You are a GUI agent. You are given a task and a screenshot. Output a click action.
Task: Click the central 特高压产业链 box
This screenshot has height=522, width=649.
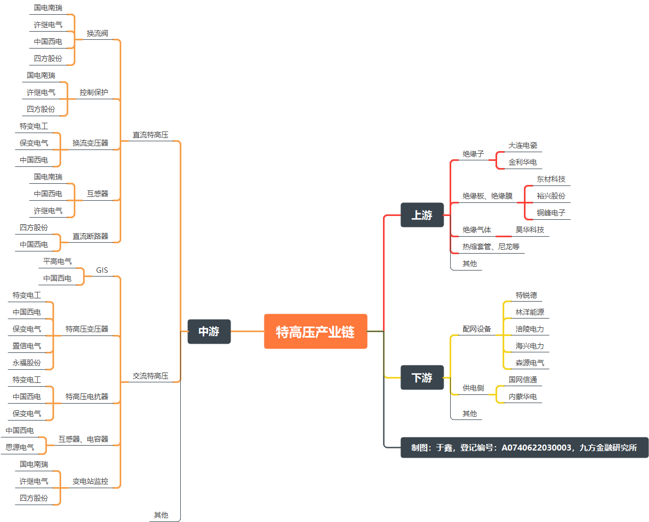[315, 331]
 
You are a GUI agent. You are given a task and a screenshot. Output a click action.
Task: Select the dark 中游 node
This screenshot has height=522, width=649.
[209, 331]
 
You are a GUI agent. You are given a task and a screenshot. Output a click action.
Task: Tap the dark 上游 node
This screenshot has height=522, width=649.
[422, 215]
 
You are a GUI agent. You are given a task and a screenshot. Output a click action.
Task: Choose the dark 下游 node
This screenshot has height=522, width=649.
[422, 377]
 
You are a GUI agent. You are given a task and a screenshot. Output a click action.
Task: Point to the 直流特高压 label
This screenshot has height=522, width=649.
[150, 135]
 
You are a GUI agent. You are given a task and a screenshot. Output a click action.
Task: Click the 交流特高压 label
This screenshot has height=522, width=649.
[150, 376]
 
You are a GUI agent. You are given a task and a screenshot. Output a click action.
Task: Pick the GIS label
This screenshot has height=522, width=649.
[102, 270]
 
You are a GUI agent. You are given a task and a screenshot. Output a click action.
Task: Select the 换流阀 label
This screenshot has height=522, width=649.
[97, 33]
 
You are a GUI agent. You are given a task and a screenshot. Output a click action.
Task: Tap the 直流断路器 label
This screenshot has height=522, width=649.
[90, 236]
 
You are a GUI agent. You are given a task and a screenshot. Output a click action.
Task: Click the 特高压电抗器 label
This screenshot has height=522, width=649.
[87, 397]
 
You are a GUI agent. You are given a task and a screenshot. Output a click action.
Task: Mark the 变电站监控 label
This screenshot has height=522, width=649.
[90, 481]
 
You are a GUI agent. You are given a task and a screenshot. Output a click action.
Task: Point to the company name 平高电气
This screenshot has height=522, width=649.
[57, 261]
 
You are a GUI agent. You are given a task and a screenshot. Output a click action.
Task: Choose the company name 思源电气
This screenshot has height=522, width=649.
[20, 447]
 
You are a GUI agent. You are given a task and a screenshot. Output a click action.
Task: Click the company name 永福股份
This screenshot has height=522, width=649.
[27, 363]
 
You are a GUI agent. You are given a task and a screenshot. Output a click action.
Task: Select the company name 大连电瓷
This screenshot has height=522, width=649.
[523, 145]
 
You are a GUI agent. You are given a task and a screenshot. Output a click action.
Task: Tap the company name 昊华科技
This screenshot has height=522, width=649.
[530, 230]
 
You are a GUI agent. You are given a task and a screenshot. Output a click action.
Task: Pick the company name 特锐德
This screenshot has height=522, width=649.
[526, 295]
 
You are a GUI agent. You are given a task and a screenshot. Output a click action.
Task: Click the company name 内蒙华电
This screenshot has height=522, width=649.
[523, 397]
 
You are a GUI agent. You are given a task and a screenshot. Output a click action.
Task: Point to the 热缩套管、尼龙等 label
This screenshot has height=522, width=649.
[491, 247]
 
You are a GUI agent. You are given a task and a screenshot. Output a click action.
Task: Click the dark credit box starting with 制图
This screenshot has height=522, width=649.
[524, 448]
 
